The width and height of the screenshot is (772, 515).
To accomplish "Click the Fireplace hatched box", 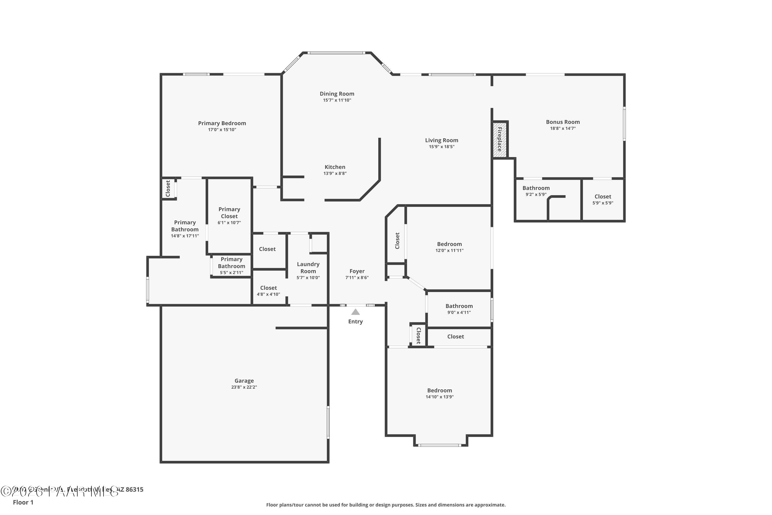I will tap(499, 140).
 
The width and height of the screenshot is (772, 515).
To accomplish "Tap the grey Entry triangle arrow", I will tap(355, 312).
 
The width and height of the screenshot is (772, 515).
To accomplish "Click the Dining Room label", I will tap(337, 94).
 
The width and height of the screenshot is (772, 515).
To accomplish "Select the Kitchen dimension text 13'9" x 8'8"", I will tap(335, 173).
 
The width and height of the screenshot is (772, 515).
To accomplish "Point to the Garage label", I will tap(244, 381).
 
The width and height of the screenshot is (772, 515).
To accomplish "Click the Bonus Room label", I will tap(563, 122).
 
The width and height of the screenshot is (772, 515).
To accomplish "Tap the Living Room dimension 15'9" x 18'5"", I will tap(442, 147).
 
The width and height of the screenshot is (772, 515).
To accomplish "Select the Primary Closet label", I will tap(229, 212).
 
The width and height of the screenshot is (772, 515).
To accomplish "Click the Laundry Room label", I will tap(308, 267).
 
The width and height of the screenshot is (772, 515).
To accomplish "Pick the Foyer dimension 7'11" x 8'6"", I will tap(357, 278).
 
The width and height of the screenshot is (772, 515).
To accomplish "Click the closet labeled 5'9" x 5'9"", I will tap(603, 199).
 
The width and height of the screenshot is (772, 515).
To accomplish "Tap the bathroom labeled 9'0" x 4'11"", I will tap(459, 309).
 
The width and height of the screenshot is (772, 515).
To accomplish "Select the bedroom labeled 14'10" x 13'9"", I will tap(440, 393).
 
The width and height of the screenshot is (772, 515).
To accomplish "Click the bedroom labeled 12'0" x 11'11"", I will tap(449, 247).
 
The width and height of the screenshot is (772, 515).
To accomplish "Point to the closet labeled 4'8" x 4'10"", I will tap(268, 291).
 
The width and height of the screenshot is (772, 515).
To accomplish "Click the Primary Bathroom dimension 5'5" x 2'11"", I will tap(231, 273).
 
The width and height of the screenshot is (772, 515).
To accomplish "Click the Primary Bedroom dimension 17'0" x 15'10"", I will tap(222, 130).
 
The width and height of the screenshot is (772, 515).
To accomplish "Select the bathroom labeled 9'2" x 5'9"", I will tap(536, 191).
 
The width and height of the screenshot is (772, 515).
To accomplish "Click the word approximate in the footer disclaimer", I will tap(490, 505).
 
